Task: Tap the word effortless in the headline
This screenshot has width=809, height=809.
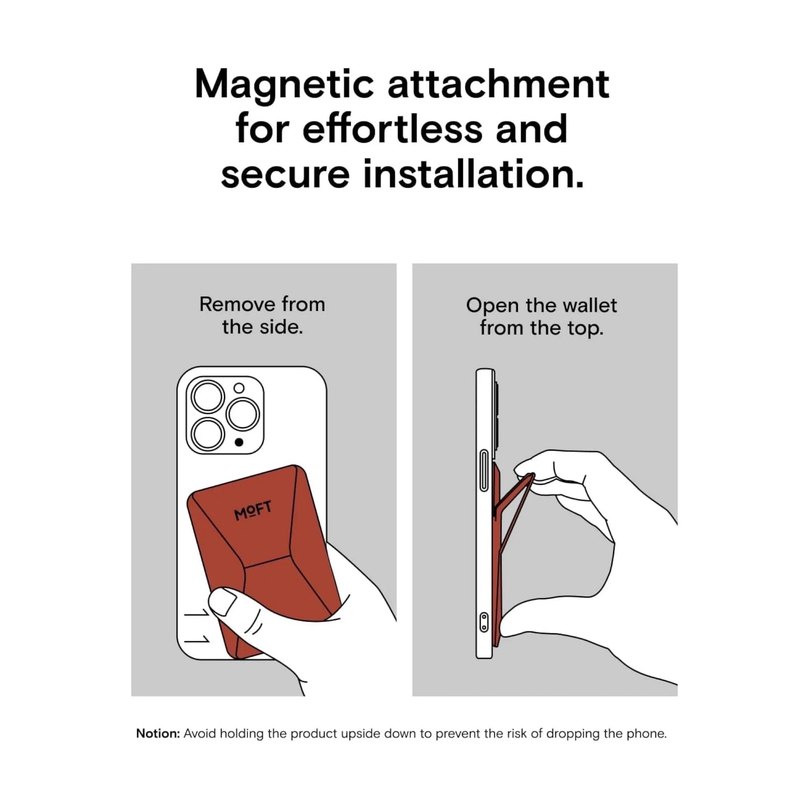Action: tap(392, 129)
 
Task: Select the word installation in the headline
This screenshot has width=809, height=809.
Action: tap(473, 174)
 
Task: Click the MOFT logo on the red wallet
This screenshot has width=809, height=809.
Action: tap(252, 510)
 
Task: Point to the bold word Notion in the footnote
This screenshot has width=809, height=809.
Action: tap(158, 733)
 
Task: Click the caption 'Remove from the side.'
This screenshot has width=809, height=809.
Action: tap(263, 315)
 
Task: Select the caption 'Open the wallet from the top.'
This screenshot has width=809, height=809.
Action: tap(541, 316)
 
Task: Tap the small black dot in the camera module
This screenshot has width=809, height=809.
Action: tap(239, 442)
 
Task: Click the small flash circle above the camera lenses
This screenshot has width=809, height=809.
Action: tap(239, 388)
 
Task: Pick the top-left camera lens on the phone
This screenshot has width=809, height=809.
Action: tap(207, 397)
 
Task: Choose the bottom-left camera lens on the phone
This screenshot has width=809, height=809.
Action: tap(207, 434)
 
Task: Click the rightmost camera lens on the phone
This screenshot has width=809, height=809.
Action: tap(242, 414)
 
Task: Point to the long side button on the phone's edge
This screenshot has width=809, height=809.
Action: tap(484, 470)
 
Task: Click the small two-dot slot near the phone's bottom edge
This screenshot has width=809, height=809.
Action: tap(484, 623)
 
